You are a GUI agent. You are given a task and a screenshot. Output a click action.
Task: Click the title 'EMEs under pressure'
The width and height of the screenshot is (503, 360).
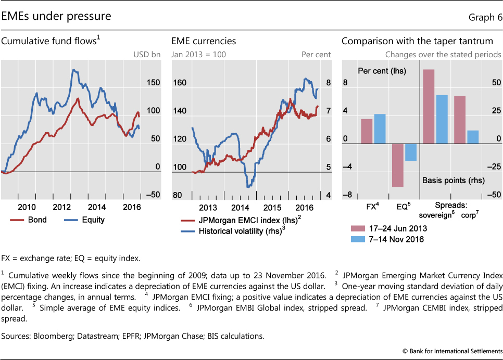(56, 16)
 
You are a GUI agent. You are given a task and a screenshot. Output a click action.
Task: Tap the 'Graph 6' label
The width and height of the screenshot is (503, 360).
(485, 17)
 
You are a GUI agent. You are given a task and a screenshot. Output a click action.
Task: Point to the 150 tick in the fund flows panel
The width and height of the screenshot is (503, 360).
(154, 83)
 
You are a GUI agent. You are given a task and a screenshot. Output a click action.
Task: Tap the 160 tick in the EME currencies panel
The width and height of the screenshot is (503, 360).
(179, 83)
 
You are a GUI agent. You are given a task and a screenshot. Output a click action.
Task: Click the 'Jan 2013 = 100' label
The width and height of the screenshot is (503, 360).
(199, 54)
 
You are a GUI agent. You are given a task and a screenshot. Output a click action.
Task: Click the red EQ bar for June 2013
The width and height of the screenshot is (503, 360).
(398, 165)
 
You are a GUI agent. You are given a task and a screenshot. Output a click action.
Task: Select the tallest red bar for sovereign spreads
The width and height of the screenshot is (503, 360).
(429, 107)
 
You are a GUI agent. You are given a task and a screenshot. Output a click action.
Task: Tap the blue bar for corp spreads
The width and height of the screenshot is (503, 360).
(472, 137)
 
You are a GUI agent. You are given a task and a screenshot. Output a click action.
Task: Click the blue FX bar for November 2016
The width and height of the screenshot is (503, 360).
(380, 128)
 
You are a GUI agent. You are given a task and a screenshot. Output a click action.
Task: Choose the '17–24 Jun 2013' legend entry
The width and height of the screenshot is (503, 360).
(389, 228)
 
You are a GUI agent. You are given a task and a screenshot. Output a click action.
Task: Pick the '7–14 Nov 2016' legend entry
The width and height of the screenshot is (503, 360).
(389, 239)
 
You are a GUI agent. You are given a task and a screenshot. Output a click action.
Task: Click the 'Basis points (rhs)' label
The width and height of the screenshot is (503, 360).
(453, 181)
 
